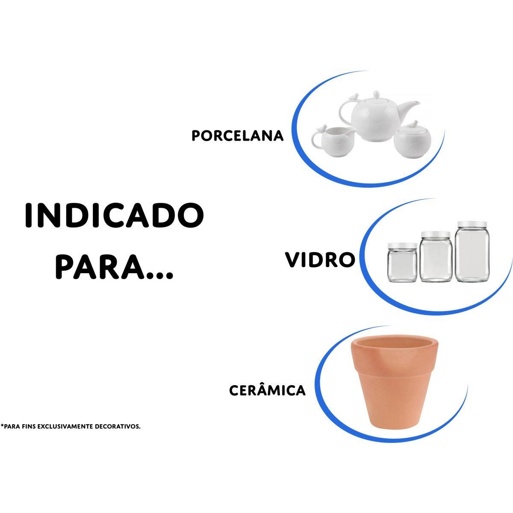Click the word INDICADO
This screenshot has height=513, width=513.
tap(114, 216)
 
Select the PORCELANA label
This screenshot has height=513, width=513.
tap(238, 136)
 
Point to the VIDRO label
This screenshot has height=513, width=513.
tap(320, 260)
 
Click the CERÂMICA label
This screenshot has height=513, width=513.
tap(268, 390)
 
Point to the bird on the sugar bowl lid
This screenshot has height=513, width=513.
tap(413, 124)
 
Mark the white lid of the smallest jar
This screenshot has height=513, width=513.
tap(402, 247)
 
